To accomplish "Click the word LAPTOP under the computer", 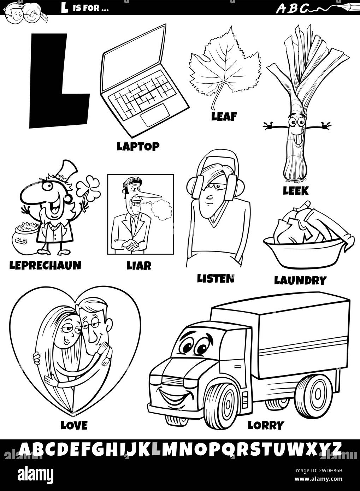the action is coord(138,147).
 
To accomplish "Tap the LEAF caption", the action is coord(224,117).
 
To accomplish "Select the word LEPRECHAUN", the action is coord(45,265).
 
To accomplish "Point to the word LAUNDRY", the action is coord(300,280).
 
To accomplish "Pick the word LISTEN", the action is coord(216,279).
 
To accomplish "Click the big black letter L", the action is coord(59,81).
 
